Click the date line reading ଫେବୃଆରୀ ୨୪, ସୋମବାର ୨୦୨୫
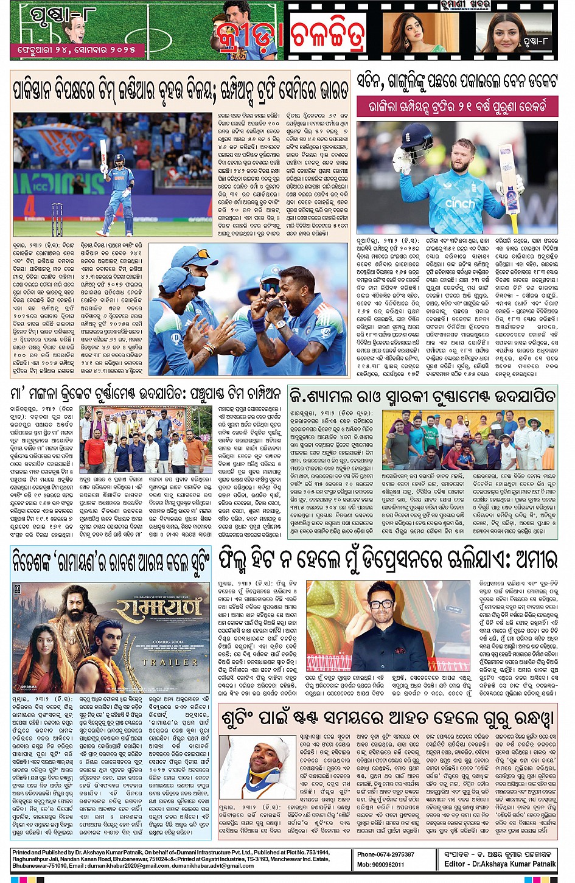click(x=72, y=50)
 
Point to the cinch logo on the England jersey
click(x=459, y=203)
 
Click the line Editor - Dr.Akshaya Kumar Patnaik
click(x=500, y=864)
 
